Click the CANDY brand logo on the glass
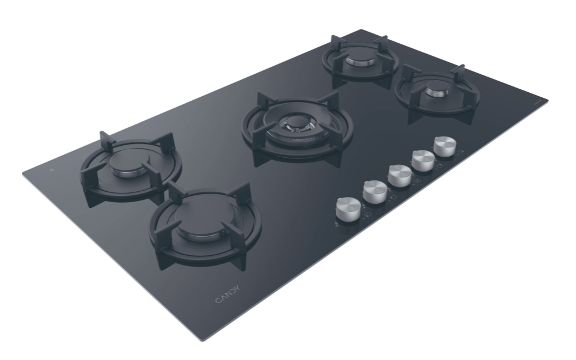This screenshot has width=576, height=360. pos(228,294)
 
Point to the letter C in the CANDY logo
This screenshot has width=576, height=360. pos(218,300)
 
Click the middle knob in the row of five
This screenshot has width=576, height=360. pos(400,175)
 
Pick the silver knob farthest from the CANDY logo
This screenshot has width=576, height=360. pos(445,146)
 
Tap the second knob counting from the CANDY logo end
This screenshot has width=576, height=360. pos(375,191)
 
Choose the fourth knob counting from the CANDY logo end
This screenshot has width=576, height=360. pos(423,160)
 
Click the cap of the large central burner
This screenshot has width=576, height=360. pos(295,123)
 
